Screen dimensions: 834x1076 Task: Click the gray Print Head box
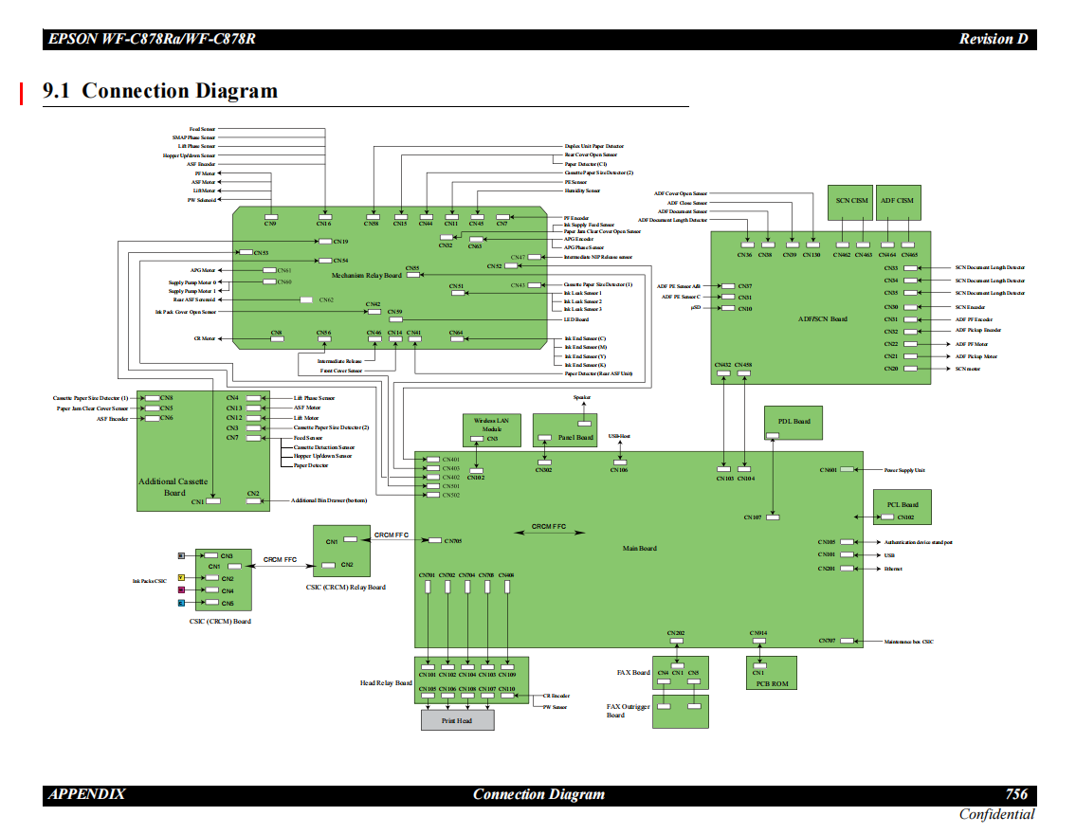[458, 719]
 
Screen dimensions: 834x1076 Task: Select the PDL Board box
[793, 422]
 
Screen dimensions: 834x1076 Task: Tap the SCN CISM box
[852, 201]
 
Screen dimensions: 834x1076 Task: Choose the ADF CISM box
[897, 201]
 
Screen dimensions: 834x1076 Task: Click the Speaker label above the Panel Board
[582, 397]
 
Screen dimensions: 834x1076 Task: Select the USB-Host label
[619, 437]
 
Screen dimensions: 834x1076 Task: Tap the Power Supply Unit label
[904, 470]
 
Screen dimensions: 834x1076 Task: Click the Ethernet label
[893, 569]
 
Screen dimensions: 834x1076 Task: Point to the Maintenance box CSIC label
[908, 642]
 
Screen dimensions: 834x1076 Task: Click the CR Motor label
[205, 338]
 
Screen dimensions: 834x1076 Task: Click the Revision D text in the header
[993, 39]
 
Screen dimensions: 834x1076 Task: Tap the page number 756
[1016, 794]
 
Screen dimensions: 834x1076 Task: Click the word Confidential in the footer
[996, 814]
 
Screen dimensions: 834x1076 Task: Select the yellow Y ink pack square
[181, 577]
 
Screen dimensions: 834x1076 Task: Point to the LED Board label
[576, 319]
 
